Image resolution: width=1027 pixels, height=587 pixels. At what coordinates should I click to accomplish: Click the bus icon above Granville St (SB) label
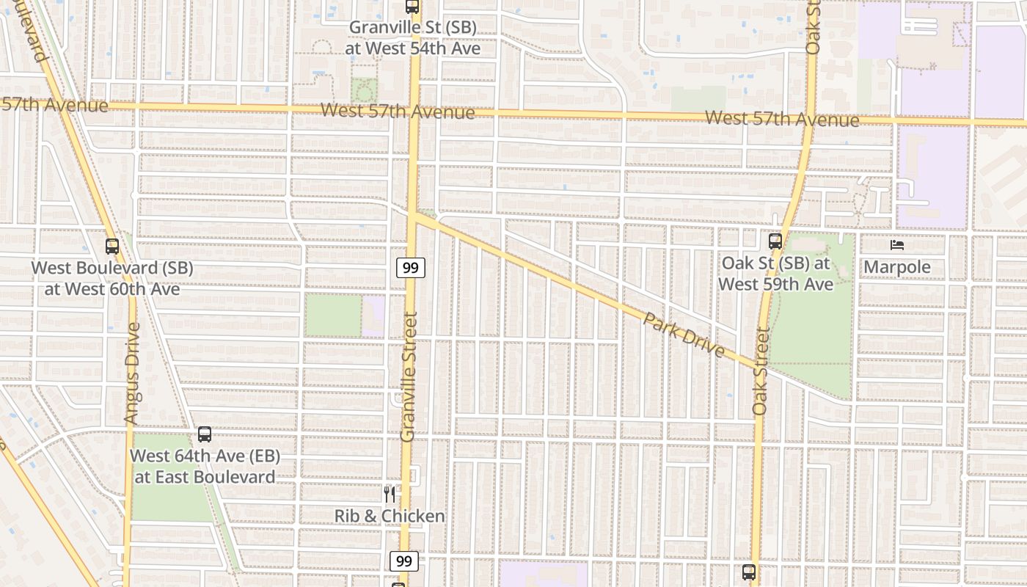click(412, 7)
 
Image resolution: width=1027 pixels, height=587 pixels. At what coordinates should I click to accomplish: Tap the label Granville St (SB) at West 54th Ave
click(413, 38)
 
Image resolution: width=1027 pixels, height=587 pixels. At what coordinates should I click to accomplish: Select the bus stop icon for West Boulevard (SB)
click(112, 247)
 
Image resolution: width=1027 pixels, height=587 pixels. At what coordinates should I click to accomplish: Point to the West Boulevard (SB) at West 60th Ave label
click(112, 278)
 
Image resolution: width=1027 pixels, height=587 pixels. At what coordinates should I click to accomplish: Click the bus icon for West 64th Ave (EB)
click(205, 434)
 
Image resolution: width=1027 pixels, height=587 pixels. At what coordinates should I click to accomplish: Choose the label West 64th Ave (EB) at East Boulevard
click(205, 466)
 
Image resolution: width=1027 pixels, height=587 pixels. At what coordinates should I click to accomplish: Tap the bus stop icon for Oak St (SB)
click(775, 241)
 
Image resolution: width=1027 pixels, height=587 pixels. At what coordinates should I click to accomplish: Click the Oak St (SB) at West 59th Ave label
click(775, 273)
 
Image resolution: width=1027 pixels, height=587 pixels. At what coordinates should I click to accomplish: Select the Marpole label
click(896, 267)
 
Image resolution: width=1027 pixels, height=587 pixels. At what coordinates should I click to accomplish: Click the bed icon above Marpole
click(896, 245)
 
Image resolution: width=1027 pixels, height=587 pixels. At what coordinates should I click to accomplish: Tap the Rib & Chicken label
click(390, 516)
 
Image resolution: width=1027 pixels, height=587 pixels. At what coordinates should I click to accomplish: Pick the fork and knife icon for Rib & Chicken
click(390, 495)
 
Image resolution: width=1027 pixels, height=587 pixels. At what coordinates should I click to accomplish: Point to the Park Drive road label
click(684, 336)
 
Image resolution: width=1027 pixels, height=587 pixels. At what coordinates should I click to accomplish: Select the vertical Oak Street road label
click(760, 371)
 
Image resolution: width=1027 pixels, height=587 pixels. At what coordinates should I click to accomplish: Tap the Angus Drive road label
click(131, 373)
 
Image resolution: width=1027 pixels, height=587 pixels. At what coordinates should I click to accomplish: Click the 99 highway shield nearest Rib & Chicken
click(403, 561)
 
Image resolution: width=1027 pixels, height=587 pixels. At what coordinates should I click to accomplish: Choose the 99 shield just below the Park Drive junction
click(411, 268)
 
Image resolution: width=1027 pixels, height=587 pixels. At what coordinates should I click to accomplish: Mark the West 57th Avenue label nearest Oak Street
click(781, 119)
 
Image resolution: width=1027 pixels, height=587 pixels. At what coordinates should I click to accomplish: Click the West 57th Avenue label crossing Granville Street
click(398, 112)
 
